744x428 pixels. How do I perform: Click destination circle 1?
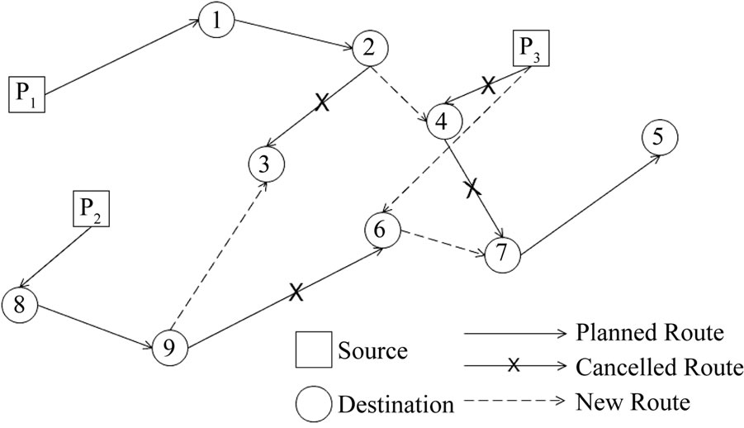click(x=216, y=22)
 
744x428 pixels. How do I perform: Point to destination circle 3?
click(x=264, y=164)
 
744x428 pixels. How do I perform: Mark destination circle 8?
click(x=21, y=303)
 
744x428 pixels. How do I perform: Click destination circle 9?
click(x=169, y=347)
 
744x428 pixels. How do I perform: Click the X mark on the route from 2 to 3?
click(x=323, y=104)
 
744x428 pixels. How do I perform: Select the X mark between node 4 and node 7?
click(x=472, y=188)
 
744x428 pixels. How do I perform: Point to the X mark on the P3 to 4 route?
click(x=489, y=85)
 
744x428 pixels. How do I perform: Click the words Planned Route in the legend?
click(x=647, y=333)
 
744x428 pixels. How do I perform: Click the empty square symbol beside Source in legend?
click(x=313, y=351)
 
